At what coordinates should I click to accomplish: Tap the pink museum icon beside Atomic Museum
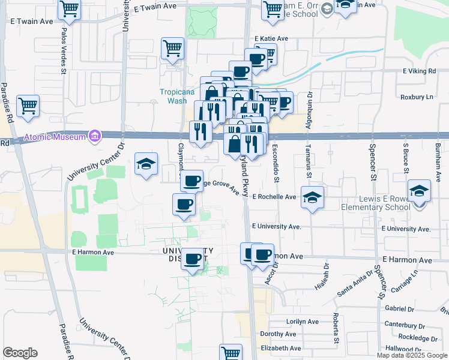(x=94, y=137)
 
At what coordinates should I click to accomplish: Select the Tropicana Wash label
(x=173, y=96)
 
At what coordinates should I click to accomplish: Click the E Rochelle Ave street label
(x=274, y=197)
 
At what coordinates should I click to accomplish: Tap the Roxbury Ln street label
(x=417, y=97)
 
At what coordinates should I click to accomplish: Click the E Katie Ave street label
(x=271, y=39)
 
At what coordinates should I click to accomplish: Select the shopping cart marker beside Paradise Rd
(x=28, y=106)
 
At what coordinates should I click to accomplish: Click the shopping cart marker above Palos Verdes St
(x=70, y=9)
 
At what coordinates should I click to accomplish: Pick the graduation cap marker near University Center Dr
(x=146, y=164)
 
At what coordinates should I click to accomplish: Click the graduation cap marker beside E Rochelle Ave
(x=312, y=197)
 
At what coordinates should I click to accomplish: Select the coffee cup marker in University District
(x=192, y=259)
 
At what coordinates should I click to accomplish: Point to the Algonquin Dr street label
(x=310, y=106)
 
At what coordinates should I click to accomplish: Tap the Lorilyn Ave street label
(x=301, y=322)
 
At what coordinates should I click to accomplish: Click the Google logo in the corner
(x=20, y=353)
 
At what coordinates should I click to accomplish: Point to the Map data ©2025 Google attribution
(x=412, y=355)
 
